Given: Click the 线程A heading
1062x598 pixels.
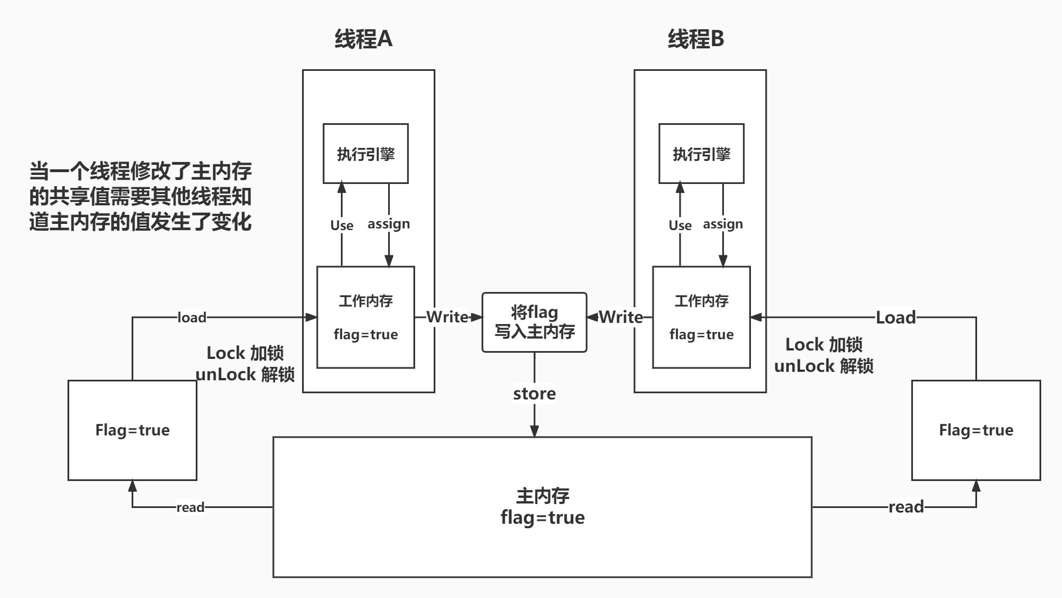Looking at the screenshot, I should point(363,39).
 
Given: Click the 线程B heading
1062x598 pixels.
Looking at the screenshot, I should point(696,39).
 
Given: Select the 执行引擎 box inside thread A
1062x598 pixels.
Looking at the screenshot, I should point(366,154).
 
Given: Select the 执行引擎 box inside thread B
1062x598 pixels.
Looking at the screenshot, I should point(701,154).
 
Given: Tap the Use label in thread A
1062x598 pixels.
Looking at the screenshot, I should point(341,225).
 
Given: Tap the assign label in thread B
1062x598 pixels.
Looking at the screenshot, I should point(723,224).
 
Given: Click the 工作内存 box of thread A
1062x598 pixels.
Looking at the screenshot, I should point(366,317).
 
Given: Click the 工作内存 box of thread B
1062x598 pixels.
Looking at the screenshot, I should point(701,317).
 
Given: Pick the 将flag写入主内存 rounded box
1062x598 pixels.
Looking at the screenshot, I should point(534,322).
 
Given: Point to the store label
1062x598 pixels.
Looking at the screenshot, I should point(534,394).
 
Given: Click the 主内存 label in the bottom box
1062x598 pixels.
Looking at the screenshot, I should point(542,496).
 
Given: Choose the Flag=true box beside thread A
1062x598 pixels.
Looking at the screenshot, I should point(132,430).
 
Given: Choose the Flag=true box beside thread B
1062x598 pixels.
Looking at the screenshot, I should point(976,430).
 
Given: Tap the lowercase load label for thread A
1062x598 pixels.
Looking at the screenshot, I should point(192,317).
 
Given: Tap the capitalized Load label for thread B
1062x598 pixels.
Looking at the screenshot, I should point(895,317).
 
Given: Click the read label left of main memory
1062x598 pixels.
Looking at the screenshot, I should point(190,507).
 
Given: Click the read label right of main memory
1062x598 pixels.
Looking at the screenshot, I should point(906,507).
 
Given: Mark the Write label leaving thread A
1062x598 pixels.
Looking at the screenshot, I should point(447,317).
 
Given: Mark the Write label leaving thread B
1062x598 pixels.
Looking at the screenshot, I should point(620,317).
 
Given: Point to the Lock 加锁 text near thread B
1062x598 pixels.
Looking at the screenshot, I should point(823,344).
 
